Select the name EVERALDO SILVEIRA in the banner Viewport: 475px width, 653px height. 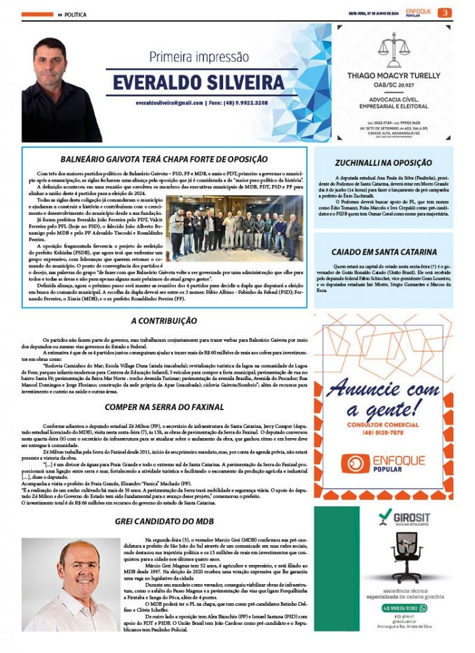coord(198,82)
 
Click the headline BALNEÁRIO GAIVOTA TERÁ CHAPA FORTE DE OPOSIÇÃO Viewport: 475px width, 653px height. coord(164,159)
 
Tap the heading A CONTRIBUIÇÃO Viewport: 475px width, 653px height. coord(164,321)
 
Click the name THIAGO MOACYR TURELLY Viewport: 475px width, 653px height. coord(393,75)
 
